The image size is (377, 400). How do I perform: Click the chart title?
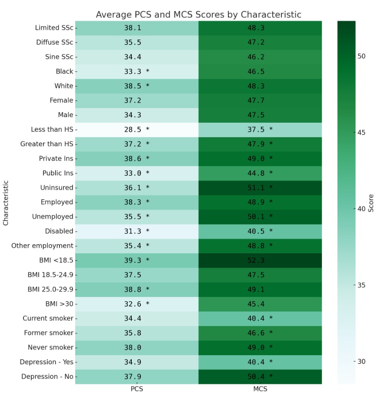click(198, 14)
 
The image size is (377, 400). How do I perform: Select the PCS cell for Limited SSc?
click(137, 28)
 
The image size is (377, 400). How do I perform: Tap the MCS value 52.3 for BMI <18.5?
click(260, 260)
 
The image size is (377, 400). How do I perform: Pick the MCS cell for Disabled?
click(260, 231)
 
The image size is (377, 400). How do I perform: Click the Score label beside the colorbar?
click(371, 202)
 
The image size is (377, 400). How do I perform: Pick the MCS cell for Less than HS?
click(260, 129)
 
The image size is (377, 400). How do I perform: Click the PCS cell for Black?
click(137, 71)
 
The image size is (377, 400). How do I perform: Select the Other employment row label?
click(42, 246)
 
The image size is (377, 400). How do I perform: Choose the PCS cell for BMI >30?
click(137, 304)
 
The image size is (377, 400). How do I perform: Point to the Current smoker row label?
click(48, 318)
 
